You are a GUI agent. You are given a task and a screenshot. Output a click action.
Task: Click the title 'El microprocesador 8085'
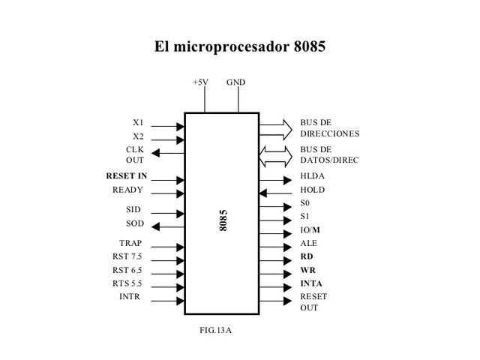click(x=240, y=46)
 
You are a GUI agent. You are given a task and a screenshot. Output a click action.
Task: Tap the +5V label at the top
click(x=201, y=82)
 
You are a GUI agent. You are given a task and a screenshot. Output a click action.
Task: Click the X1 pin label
click(x=138, y=122)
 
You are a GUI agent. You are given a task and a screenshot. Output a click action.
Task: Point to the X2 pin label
click(x=138, y=136)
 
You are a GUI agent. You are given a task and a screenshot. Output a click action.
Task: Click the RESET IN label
click(x=127, y=175)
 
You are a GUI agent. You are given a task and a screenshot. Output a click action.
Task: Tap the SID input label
click(x=133, y=211)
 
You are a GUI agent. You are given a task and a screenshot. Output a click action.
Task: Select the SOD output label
click(x=133, y=224)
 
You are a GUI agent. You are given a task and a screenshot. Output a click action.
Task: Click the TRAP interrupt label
click(x=130, y=244)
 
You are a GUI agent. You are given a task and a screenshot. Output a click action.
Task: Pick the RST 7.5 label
click(x=127, y=256)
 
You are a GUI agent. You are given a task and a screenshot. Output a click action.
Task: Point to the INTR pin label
click(x=130, y=297)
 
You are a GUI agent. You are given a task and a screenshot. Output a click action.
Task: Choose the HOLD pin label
click(x=313, y=190)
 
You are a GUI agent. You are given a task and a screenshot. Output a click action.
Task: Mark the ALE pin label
click(x=308, y=244)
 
